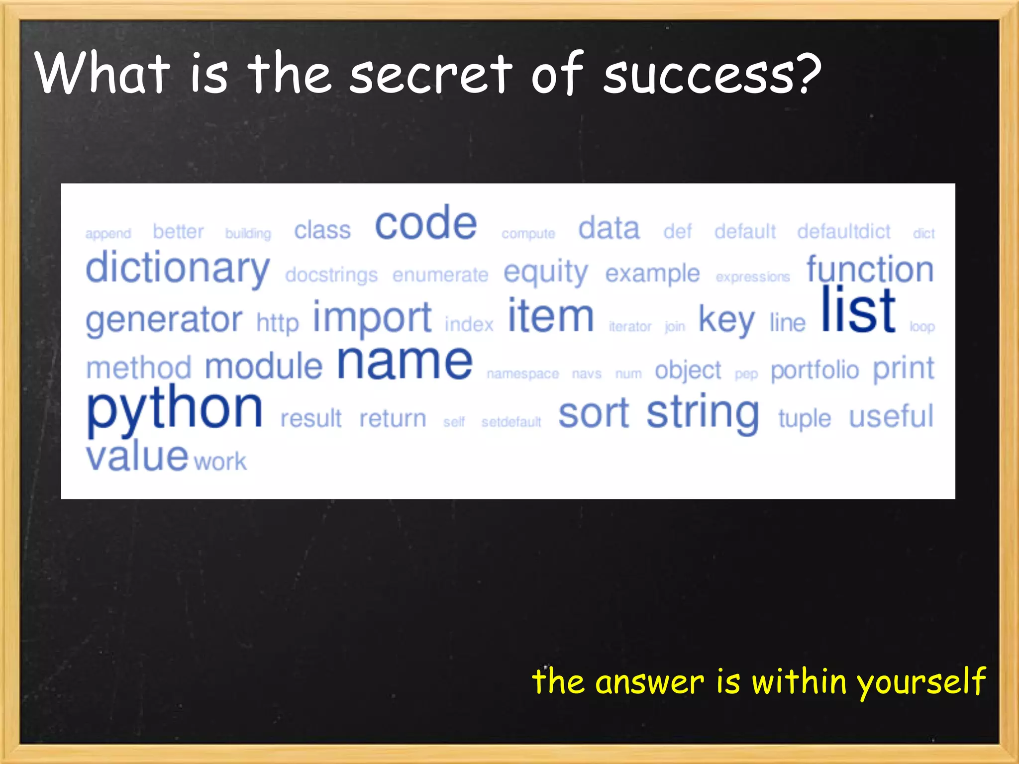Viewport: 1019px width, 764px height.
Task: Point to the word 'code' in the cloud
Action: (x=426, y=223)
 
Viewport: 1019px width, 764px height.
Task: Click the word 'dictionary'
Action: (x=178, y=269)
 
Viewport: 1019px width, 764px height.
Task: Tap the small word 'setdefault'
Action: (x=511, y=422)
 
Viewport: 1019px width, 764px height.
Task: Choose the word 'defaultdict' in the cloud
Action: (x=843, y=232)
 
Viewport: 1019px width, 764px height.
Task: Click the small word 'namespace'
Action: (x=522, y=374)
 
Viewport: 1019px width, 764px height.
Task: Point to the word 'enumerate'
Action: (x=440, y=275)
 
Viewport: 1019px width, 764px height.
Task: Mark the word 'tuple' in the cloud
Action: (x=805, y=418)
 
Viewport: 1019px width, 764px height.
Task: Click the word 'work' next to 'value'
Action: (x=220, y=462)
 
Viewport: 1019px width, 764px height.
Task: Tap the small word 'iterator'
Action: (x=630, y=327)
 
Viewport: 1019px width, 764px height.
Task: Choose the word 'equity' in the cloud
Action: (x=545, y=273)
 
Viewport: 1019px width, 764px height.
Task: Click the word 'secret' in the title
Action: (x=431, y=75)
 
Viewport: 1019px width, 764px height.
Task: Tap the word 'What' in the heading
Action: (x=102, y=74)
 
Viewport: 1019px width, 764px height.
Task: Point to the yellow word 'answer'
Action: (x=650, y=682)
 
